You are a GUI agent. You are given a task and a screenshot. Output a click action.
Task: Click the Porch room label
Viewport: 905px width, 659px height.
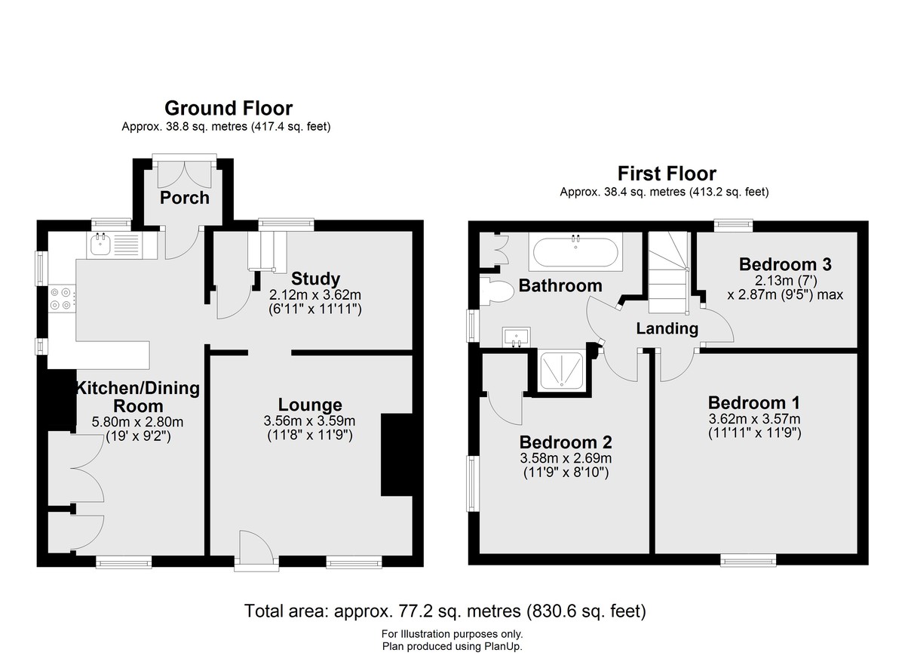point(185,198)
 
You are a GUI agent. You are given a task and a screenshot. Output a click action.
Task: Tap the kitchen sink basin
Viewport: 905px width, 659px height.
point(100,245)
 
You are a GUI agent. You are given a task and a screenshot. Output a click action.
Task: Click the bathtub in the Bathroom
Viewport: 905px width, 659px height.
point(575,252)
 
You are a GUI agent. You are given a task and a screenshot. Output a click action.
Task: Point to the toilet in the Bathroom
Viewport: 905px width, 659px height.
point(497,291)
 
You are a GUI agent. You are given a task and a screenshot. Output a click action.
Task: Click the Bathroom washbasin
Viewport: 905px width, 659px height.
point(517,337)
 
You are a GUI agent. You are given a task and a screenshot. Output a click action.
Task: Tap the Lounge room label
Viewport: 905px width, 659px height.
point(310,405)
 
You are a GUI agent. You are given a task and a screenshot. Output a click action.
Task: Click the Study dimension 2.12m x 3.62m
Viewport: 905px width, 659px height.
point(315,294)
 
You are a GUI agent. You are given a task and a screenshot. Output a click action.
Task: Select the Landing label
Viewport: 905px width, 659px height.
point(667,328)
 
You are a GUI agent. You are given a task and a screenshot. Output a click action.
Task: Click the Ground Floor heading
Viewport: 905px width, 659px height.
point(229,109)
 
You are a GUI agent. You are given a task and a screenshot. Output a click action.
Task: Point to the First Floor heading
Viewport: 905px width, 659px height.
point(667,174)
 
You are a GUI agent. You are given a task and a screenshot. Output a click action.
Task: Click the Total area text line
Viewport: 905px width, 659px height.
point(445,611)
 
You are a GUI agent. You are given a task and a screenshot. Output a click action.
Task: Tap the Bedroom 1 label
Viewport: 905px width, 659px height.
point(754,402)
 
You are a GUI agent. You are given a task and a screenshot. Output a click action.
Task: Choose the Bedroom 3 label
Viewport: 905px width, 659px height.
point(785,264)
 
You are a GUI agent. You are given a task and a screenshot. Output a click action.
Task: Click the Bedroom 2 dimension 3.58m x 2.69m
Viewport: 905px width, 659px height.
point(566,458)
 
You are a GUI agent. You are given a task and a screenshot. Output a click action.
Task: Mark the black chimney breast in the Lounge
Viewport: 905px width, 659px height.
point(397,454)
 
